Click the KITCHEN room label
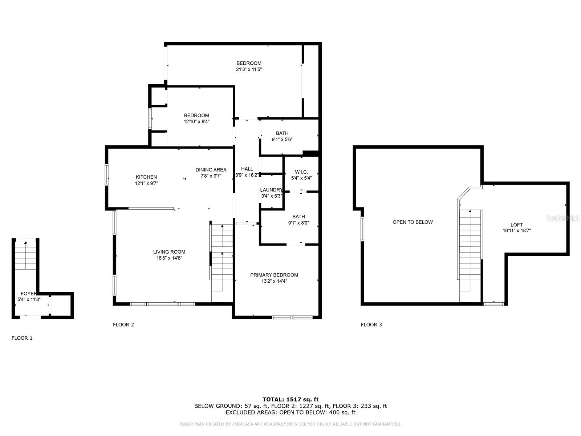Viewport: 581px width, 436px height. (x=146, y=177)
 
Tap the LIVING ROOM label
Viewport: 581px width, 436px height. (x=169, y=252)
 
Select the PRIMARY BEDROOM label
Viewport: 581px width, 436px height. (x=274, y=275)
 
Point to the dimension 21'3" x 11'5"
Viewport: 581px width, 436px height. (x=249, y=69)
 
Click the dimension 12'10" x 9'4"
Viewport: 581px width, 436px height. (x=196, y=122)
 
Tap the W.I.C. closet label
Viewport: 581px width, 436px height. (x=301, y=172)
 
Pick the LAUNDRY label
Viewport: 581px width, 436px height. (x=271, y=190)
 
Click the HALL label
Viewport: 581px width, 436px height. (x=247, y=169)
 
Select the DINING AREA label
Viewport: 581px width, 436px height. (x=211, y=170)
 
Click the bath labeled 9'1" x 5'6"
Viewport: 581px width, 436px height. (x=282, y=133)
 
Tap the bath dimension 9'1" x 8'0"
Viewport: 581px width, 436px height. (x=298, y=223)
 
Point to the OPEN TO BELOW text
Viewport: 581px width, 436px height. (x=413, y=222)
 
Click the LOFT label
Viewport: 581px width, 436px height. (x=517, y=225)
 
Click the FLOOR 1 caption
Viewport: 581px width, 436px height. (x=22, y=338)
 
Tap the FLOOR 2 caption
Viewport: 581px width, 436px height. (x=123, y=324)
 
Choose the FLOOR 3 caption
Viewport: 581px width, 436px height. (x=371, y=324)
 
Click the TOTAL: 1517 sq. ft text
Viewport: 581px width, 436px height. (x=290, y=400)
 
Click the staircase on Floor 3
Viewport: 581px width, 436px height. (x=470, y=254)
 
